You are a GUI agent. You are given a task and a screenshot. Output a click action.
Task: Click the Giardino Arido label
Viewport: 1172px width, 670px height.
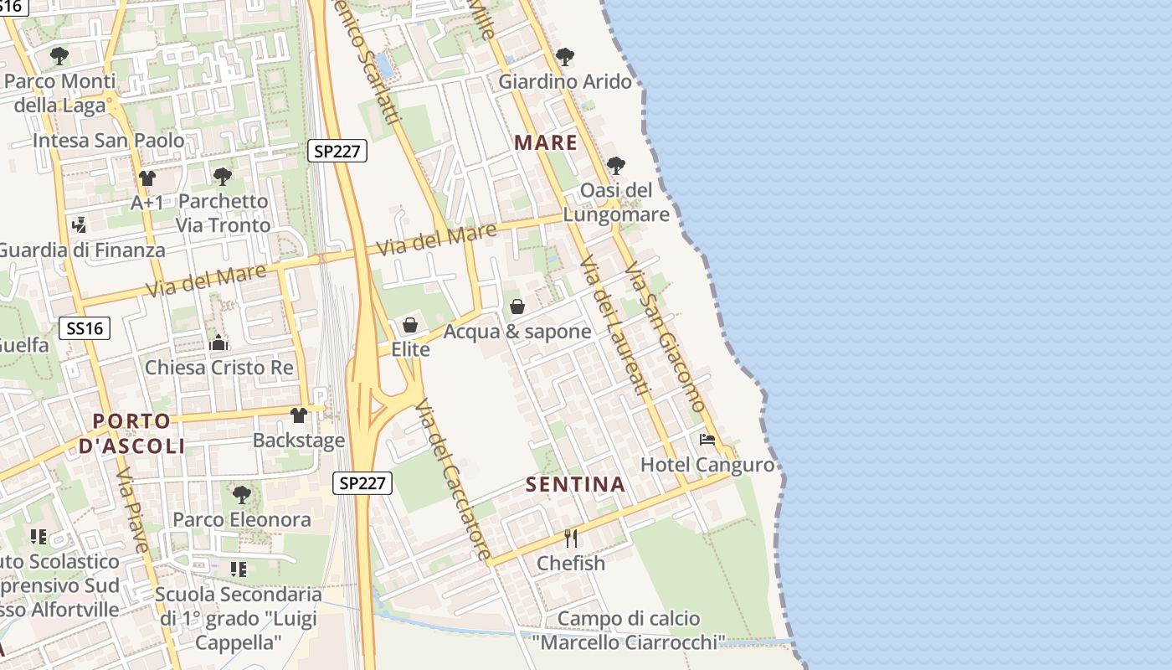[x=565, y=82]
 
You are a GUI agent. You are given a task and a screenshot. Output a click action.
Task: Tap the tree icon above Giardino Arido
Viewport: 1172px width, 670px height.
[x=565, y=57]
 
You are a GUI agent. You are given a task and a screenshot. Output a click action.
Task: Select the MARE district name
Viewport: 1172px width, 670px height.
[x=546, y=142]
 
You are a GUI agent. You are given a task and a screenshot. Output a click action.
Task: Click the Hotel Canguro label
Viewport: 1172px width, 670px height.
[x=707, y=465]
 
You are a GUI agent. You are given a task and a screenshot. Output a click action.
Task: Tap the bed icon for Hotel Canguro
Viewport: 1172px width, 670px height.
[x=707, y=440]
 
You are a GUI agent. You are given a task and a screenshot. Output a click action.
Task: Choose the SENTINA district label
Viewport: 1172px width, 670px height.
[x=575, y=484]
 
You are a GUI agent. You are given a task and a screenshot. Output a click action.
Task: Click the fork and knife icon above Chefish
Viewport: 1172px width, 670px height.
[x=571, y=538]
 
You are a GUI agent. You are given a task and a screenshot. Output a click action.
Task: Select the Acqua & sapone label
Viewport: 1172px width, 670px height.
[x=517, y=332]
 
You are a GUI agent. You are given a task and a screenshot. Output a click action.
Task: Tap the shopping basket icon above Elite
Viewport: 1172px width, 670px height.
[x=410, y=325]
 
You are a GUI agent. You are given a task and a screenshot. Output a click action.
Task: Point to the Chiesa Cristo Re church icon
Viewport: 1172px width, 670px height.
[x=218, y=342]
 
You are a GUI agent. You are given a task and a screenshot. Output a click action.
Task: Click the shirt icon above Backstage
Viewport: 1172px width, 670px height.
[x=299, y=415]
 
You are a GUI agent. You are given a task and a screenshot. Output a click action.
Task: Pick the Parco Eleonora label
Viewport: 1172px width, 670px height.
[x=242, y=519]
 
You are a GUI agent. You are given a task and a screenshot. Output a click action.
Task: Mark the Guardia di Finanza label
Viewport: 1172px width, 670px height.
[x=81, y=250]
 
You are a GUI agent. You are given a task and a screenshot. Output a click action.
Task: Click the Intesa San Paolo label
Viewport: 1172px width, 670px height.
[x=108, y=140]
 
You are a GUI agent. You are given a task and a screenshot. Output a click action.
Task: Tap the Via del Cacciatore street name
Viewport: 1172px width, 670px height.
[x=453, y=479]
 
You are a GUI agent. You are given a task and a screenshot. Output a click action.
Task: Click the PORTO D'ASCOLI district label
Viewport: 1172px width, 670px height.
[x=131, y=433]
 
